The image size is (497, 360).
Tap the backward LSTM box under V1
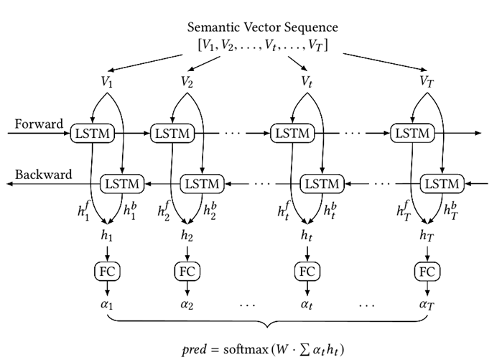coord(122,183)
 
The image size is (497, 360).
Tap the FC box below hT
coord(427,272)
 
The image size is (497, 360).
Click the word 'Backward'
coord(43,175)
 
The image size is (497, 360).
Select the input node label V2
coord(186,80)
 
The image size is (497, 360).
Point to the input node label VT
coord(427,80)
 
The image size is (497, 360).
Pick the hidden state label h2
coord(187,236)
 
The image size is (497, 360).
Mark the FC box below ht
coord(307,272)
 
